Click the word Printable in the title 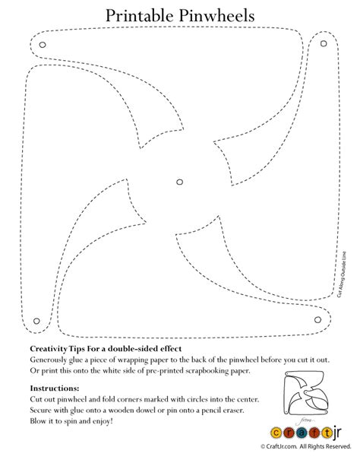tap(141, 14)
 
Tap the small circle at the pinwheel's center tap(179, 182)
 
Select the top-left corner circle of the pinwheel tap(43, 45)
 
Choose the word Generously tap(53, 358)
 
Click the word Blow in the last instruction tap(39, 420)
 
